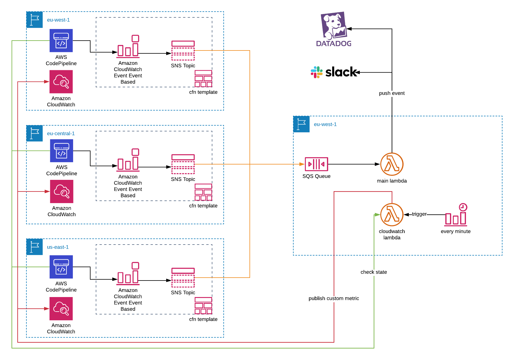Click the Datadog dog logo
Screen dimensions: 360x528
334,26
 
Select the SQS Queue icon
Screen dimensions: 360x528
316,164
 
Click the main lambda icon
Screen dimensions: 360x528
392,164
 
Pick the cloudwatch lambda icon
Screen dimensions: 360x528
392,215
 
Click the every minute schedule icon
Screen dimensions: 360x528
456,215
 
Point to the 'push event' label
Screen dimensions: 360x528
392,93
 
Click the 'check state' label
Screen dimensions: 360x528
374,272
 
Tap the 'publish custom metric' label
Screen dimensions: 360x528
334,298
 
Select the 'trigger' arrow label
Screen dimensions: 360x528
419,214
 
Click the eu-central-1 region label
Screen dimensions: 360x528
61,133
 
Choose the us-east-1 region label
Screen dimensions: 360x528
58,247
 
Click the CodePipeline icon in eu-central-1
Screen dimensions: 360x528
62,151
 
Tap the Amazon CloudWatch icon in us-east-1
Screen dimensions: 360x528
61,309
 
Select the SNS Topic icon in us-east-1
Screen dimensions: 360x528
183,278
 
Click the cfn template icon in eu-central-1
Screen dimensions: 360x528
203,192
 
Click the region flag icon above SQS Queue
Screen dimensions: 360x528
301,124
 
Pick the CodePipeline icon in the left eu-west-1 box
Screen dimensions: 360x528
61,41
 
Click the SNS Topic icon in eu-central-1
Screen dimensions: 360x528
183,164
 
